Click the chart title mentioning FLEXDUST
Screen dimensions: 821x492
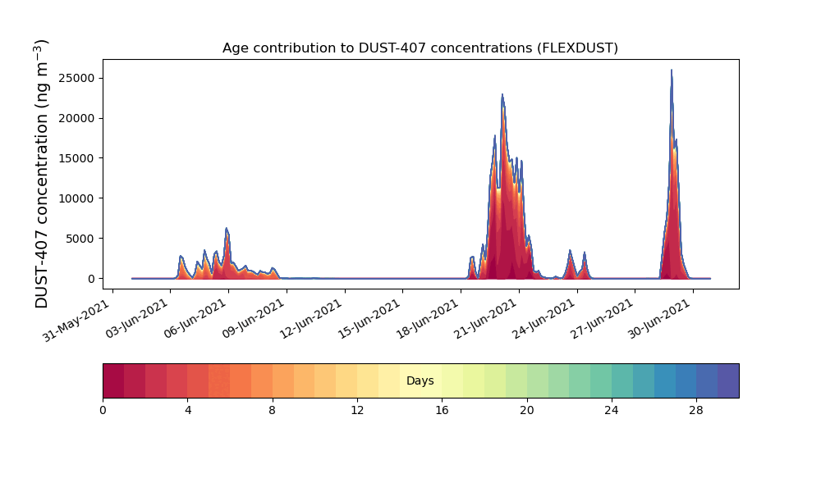(420, 48)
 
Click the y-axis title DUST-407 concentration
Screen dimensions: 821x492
(41, 174)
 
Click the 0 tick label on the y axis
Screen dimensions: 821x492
(92, 279)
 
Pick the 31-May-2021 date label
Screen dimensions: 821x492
(77, 320)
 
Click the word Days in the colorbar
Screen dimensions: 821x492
(420, 380)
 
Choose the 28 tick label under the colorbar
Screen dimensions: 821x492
(696, 411)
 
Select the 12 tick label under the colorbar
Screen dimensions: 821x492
(357, 411)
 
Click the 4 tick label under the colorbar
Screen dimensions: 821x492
(188, 411)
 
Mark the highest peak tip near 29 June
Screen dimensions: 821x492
(672, 70)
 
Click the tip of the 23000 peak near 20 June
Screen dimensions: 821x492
(502, 94)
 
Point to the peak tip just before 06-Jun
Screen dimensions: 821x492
(227, 228)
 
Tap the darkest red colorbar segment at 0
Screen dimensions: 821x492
(113, 380)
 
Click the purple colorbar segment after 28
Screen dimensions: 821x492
(728, 380)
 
